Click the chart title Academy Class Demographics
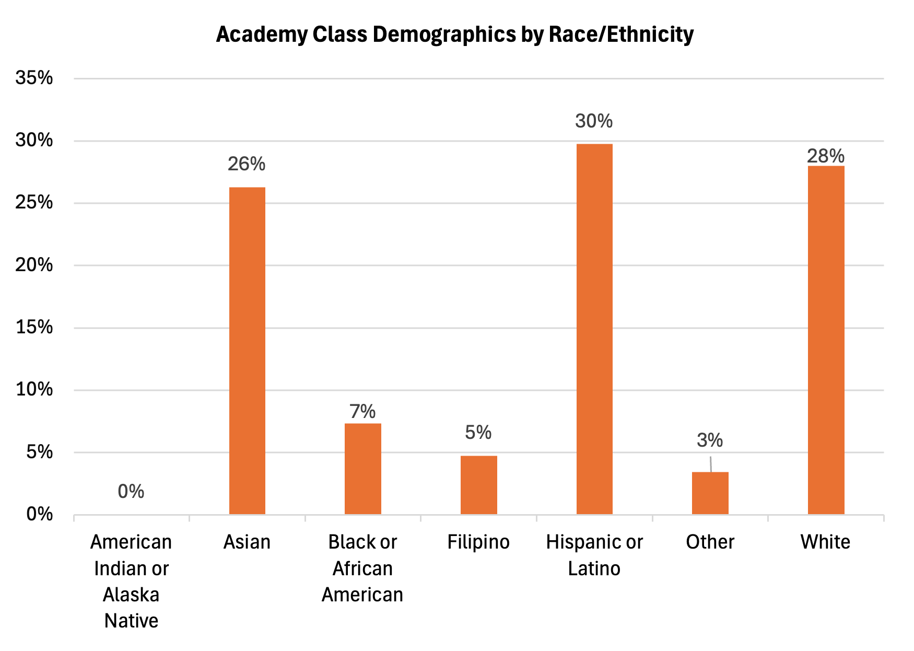click(x=454, y=34)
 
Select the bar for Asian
click(x=247, y=350)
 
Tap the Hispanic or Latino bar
click(x=594, y=329)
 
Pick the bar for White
click(x=826, y=340)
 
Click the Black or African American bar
click(x=363, y=469)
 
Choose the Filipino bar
click(x=478, y=485)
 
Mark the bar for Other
click(x=710, y=493)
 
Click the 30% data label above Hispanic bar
click(x=594, y=121)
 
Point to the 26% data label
click(x=247, y=164)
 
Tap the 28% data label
click(x=826, y=156)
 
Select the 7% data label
click(x=363, y=412)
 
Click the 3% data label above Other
click(x=710, y=440)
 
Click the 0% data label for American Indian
click(x=131, y=491)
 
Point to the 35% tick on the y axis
click(x=34, y=78)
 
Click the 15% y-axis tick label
click(x=34, y=327)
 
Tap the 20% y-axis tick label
click(x=34, y=265)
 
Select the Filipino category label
click(x=478, y=542)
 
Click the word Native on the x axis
click(x=131, y=621)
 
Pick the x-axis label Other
click(x=710, y=542)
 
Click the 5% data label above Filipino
click(x=478, y=432)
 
